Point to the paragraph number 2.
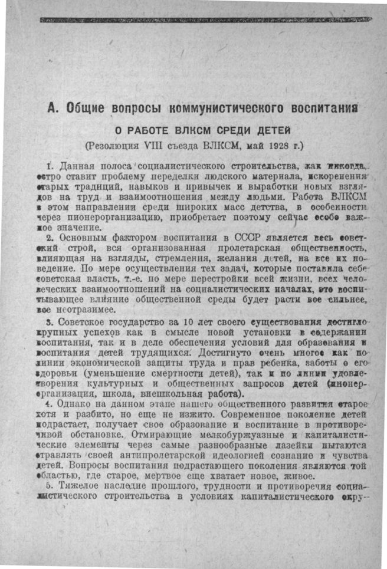50,238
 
